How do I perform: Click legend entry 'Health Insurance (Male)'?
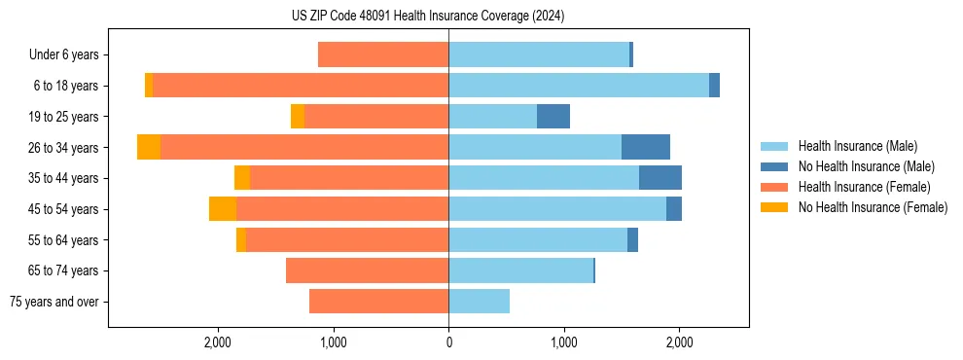click(x=857, y=146)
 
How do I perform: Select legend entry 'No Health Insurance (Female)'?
click(x=873, y=207)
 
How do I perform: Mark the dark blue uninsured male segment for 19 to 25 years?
click(x=553, y=117)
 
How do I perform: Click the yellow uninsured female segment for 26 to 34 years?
click(x=149, y=147)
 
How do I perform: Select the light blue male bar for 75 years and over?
click(x=479, y=302)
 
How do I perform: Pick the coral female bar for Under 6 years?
click(x=383, y=55)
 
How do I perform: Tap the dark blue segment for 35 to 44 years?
click(x=660, y=178)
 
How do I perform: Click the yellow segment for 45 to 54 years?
click(x=223, y=209)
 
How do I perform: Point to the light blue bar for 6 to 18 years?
click(x=579, y=86)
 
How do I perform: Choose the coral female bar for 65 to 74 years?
click(x=367, y=270)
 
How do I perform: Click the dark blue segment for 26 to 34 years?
click(x=646, y=147)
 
